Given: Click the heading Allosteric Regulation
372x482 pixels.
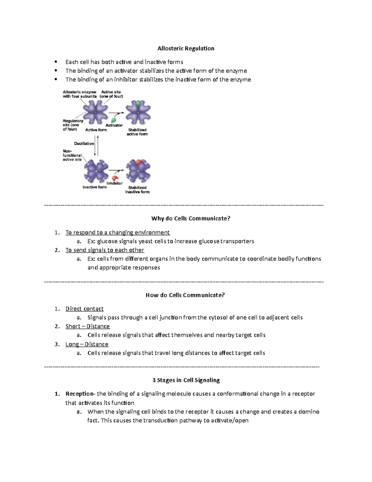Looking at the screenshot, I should point(186,48).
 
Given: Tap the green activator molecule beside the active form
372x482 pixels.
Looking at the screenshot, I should point(114,120).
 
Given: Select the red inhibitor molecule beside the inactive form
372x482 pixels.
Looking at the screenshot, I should point(115,178).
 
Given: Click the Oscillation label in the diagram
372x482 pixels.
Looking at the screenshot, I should point(84,143).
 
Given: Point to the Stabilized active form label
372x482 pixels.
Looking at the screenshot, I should point(137,132).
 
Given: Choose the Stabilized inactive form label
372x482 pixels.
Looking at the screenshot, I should point(137,190).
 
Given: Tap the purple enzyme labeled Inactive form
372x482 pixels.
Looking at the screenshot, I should point(96,171).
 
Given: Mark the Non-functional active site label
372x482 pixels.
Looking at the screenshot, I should point(72,155).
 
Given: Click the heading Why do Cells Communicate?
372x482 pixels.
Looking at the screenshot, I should point(191,218).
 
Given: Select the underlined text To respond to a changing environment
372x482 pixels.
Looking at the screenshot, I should point(117,232).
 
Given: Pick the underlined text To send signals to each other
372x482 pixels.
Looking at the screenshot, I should point(105,250).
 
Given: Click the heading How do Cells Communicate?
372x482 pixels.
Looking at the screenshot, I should point(185,295).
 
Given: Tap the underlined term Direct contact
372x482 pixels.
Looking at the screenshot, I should point(84,309).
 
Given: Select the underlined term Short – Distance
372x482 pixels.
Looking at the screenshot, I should point(88,326).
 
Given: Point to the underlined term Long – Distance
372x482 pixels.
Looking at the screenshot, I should point(87,344).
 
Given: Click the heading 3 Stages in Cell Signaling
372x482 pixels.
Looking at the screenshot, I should point(186,380).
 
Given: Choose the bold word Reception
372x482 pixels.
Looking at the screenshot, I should point(79,394).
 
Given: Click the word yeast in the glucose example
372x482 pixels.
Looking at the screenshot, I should point(146,241).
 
